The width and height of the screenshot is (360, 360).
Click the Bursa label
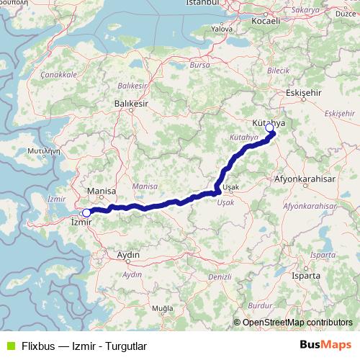(x=199, y=65)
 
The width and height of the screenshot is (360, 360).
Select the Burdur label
(x=258, y=305)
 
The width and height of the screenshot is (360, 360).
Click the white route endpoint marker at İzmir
(x=86, y=212)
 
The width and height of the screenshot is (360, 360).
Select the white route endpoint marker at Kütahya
(x=269, y=128)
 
